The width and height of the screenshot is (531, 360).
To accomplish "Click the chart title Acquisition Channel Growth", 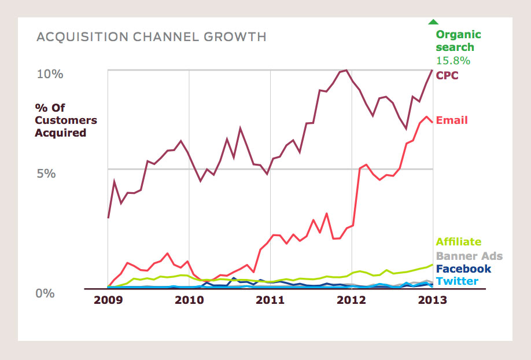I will coord(152,37).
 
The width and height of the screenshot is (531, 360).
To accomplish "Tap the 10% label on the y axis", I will coord(50,74).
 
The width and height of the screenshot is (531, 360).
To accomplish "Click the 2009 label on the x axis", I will coord(108,300).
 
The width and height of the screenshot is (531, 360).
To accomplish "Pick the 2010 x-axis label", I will coord(189,300).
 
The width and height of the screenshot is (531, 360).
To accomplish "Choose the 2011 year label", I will coord(270,300).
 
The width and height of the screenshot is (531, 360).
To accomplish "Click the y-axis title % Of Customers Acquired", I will coord(66,120).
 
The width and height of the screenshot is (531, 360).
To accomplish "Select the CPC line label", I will coord(448,75).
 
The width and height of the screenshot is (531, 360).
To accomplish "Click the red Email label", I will coord(452,120).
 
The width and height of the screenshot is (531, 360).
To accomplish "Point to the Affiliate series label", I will coord(459,242).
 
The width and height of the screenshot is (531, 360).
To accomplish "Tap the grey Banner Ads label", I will coord(469,256).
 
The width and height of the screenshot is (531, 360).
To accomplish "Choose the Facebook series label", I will coord(463,269).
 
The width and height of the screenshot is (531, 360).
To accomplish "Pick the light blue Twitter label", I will coord(457,281).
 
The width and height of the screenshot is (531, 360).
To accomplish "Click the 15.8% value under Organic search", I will coord(453,60).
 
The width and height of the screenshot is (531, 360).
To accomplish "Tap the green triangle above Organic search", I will coord(433,22).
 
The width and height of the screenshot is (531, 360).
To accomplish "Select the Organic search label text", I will coord(458,41).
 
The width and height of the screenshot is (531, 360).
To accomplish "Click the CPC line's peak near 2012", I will coord(346,70).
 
